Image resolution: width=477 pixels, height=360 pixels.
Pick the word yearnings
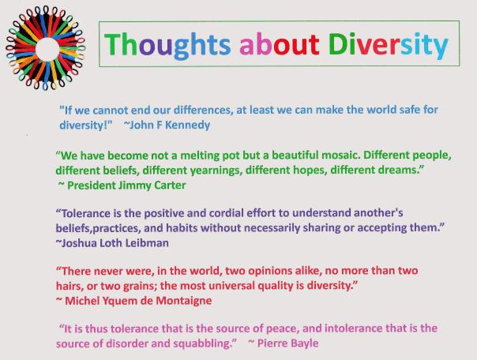234,170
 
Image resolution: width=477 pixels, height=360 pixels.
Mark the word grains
139,286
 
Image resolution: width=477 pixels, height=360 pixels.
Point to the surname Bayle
304,343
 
